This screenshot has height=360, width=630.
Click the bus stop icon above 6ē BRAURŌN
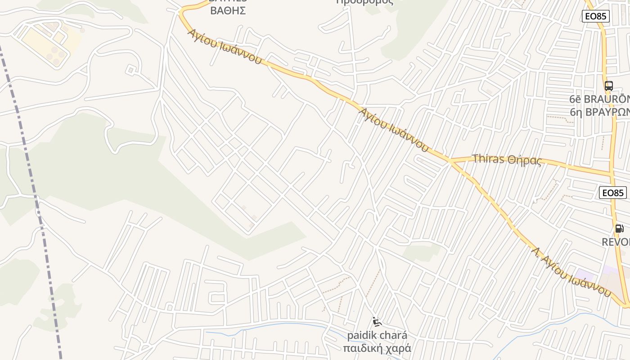point(608,85)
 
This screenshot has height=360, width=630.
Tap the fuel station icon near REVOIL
point(619,229)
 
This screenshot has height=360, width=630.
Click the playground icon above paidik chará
point(377,322)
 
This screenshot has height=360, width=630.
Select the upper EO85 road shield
point(595,17)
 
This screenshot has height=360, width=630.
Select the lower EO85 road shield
point(613,193)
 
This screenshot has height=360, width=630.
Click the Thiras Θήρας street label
point(507,159)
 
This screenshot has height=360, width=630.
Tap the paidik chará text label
point(377,336)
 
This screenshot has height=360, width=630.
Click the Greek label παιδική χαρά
point(377,348)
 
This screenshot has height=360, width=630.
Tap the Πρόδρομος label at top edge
point(364,2)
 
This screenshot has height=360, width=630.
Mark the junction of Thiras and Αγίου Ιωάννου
point(450,161)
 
